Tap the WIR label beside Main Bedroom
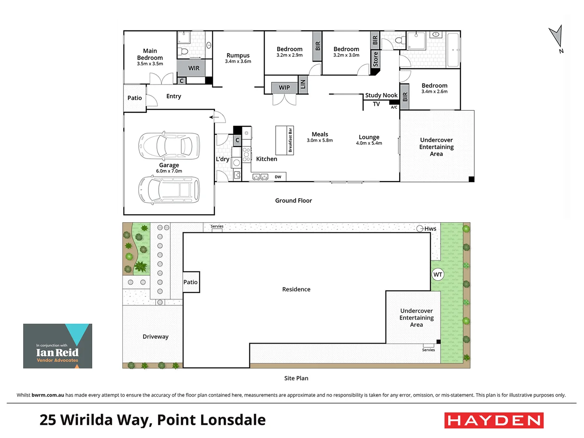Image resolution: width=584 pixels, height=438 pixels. pyautogui.click(x=194, y=68)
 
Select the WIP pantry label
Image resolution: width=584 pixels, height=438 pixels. pyautogui.click(x=284, y=87)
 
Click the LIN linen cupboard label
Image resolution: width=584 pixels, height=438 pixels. pyautogui.click(x=303, y=84)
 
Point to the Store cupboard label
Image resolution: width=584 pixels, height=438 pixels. pyautogui.click(x=375, y=59)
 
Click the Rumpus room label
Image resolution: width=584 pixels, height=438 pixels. pyautogui.click(x=238, y=56)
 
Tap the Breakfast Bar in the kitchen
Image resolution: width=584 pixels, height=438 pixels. pyautogui.click(x=285, y=140)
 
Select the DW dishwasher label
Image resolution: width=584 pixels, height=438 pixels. pyautogui.click(x=278, y=177)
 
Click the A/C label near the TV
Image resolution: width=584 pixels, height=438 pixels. pyautogui.click(x=394, y=107)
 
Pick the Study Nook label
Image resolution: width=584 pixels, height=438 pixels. pyautogui.click(x=381, y=95)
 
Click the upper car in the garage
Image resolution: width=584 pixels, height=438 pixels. pyautogui.click(x=169, y=146)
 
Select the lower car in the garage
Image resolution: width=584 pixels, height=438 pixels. pyautogui.click(x=169, y=190)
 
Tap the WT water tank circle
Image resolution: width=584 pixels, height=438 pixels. pyautogui.click(x=438, y=275)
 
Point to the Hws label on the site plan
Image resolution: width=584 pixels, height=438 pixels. pyautogui.click(x=430, y=229)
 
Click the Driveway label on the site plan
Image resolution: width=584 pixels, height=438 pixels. pyautogui.click(x=155, y=337)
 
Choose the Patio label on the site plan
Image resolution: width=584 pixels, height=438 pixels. pyautogui.click(x=190, y=282)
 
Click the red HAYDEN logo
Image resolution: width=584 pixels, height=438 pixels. pyautogui.click(x=494, y=421)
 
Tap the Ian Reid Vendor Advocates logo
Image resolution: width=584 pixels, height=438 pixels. pyautogui.click(x=58, y=346)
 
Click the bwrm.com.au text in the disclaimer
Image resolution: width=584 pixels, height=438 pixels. pyautogui.click(x=48, y=395)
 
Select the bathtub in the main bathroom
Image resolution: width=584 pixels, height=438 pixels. pyautogui.click(x=453, y=50)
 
